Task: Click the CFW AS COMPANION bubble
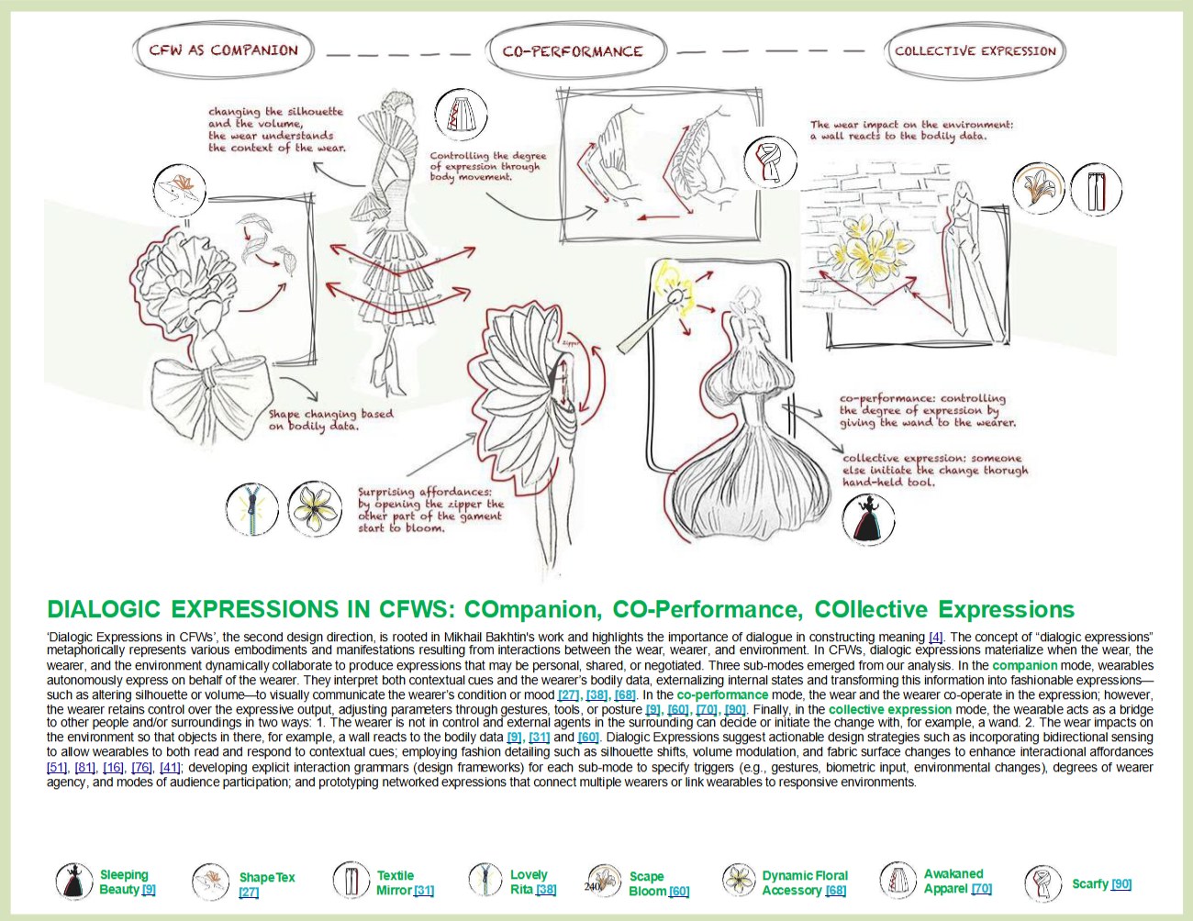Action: tap(223, 50)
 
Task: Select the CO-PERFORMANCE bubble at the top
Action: tap(573, 51)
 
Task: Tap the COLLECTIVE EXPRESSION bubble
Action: tap(976, 51)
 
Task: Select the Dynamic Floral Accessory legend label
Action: tap(804, 882)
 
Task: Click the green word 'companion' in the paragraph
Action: tap(1024, 665)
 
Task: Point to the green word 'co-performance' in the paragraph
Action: tap(722, 694)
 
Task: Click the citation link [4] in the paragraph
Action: tap(935, 637)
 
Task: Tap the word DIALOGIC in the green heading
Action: tap(104, 610)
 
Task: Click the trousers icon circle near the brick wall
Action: tap(1096, 190)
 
